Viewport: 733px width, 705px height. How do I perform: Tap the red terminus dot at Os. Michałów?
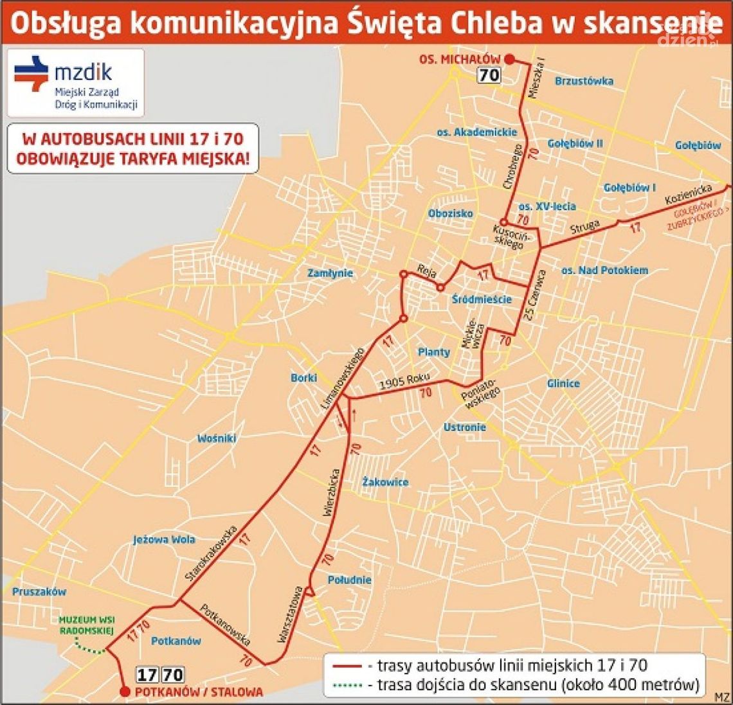click(x=509, y=59)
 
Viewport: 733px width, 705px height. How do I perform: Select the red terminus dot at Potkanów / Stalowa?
click(x=123, y=692)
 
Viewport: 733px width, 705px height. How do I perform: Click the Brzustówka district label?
click(x=583, y=81)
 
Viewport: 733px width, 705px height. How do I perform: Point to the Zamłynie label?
click(x=330, y=273)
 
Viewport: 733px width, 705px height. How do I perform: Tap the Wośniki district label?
click(x=217, y=438)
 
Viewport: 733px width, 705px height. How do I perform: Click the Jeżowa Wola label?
click(x=164, y=539)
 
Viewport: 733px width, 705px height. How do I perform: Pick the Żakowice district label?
click(x=385, y=482)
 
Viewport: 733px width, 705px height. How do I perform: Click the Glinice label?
click(x=563, y=384)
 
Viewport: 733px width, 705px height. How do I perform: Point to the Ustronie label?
click(x=464, y=427)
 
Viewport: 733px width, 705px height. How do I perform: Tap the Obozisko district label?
click(x=450, y=213)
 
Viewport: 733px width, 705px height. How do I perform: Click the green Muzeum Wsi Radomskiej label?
click(x=86, y=625)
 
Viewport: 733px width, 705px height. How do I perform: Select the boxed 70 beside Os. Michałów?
click(x=489, y=75)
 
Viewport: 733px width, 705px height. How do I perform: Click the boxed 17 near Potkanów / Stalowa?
click(x=147, y=675)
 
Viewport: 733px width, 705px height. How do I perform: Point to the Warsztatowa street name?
click(x=291, y=614)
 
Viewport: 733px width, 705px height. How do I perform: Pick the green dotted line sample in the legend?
click(x=348, y=685)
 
